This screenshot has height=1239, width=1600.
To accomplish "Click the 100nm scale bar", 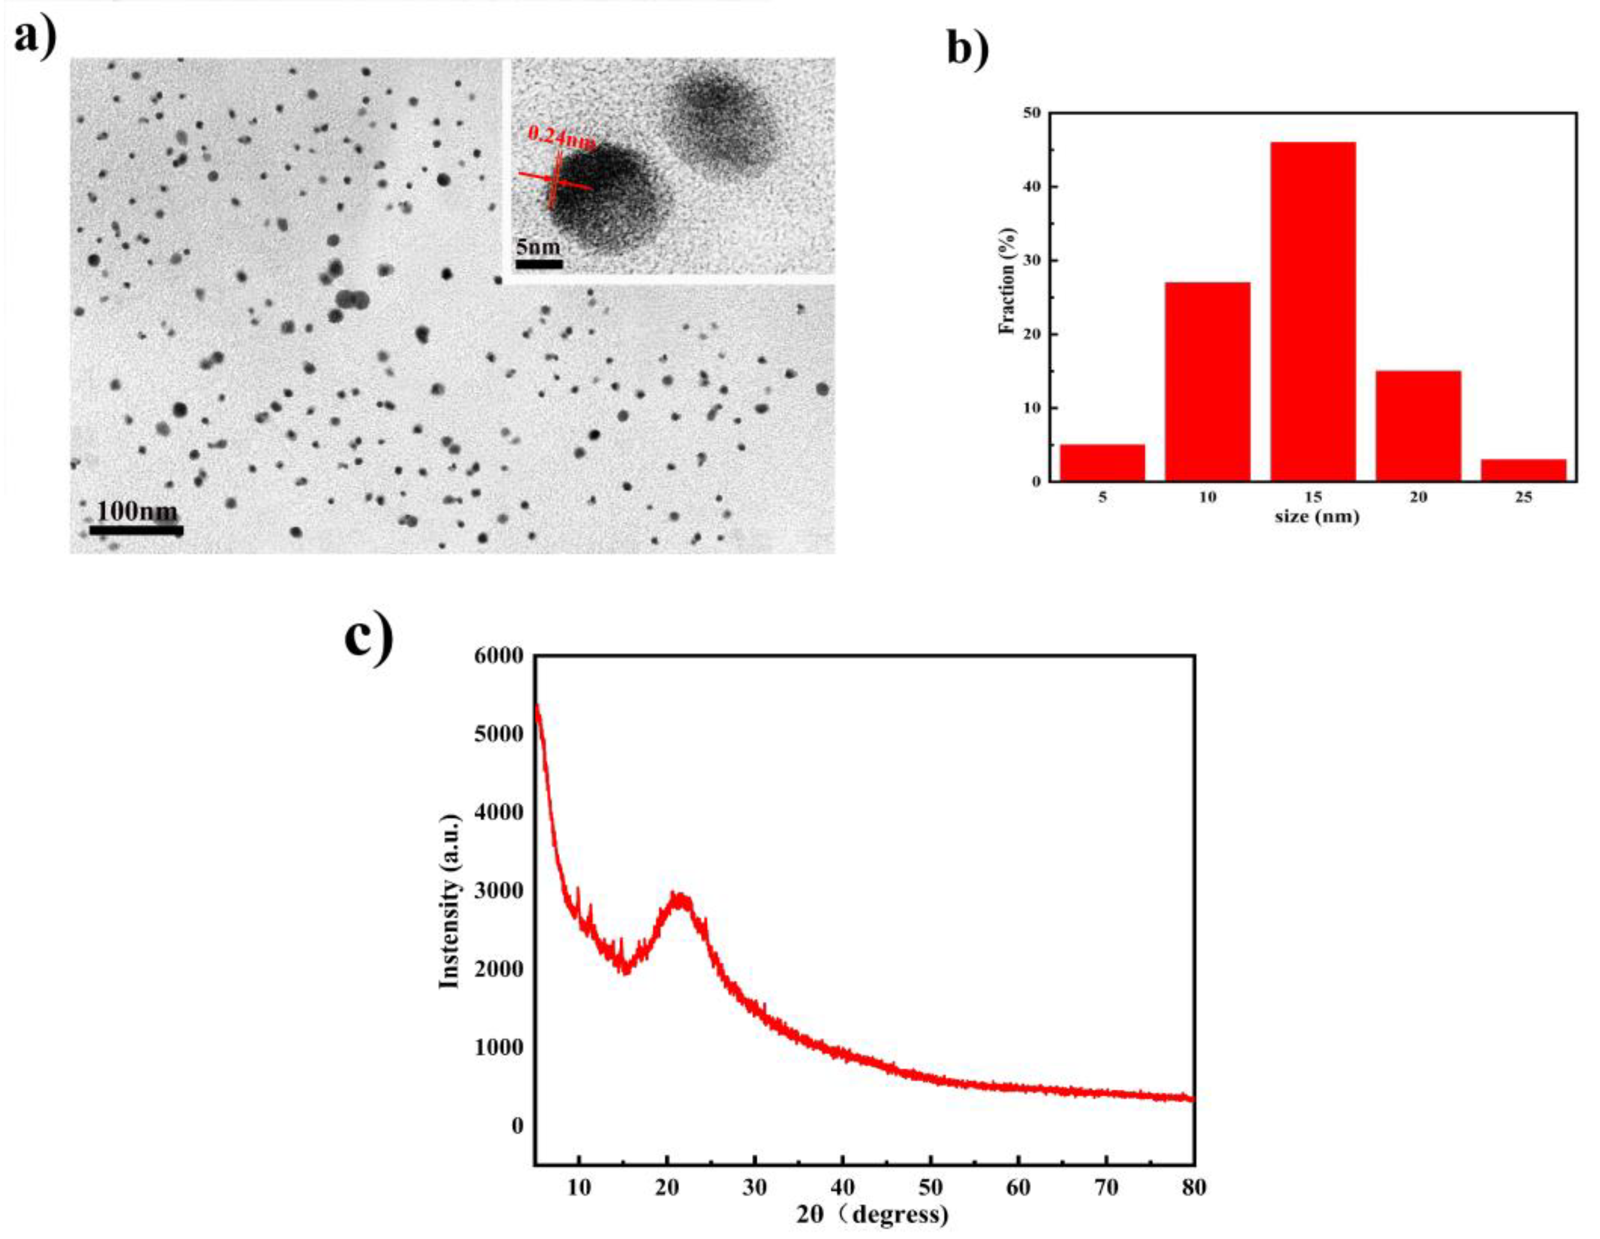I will click(x=136, y=530).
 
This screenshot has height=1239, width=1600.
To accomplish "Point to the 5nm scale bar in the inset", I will click(x=539, y=264).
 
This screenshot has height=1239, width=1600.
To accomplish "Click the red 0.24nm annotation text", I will click(x=561, y=136).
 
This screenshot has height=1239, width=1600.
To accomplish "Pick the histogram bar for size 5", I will click(x=1102, y=462).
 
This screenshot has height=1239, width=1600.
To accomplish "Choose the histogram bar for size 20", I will click(x=1418, y=426).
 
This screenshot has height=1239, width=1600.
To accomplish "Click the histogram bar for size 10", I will click(x=1207, y=381).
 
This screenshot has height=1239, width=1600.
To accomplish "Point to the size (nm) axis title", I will click(x=1317, y=517).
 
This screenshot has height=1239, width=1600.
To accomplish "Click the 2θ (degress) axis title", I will click(x=872, y=1215).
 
